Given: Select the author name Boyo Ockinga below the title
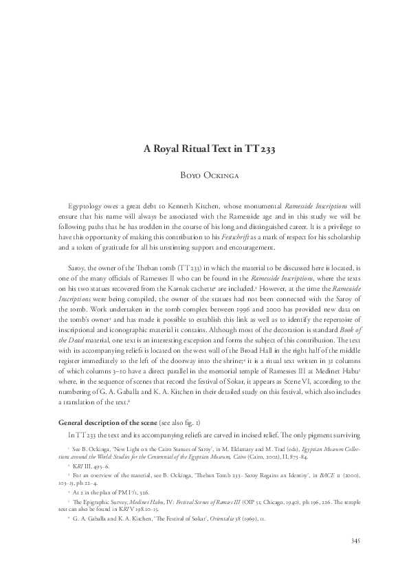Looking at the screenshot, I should (204, 175).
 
